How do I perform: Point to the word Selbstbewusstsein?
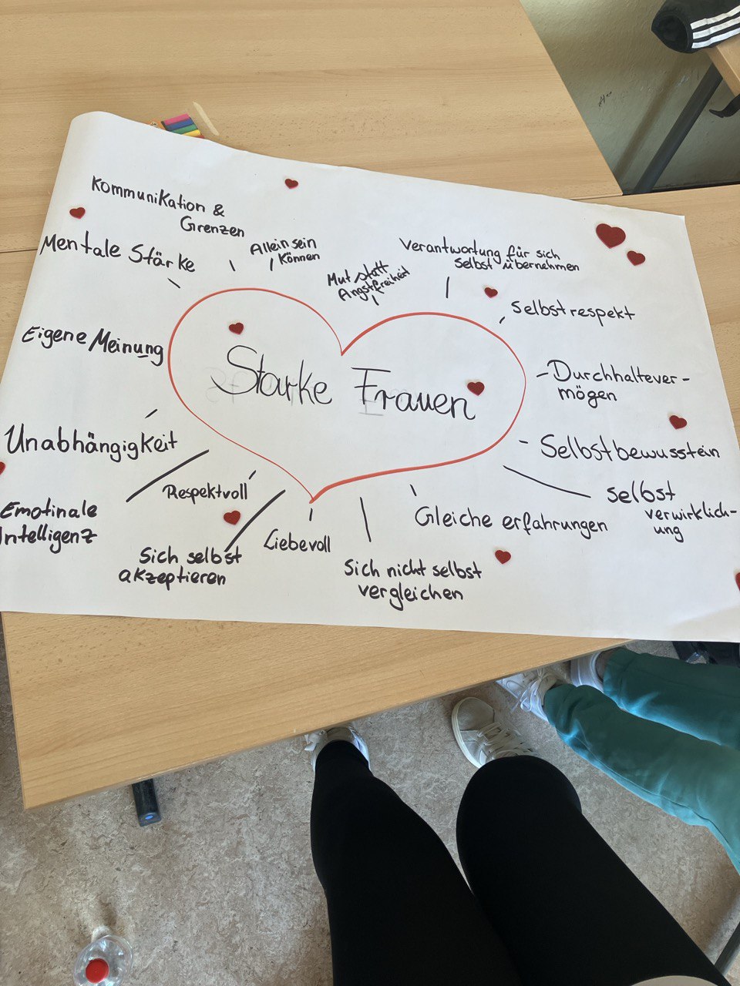[630, 448]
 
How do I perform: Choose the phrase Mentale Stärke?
[118, 253]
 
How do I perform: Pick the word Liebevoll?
[298, 541]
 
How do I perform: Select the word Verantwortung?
[450, 248]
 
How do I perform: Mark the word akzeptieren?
[173, 576]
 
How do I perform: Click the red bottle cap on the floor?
[96, 969]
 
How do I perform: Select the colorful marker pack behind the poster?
[182, 125]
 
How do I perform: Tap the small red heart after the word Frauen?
[476, 388]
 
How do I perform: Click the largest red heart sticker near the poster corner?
[610, 235]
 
